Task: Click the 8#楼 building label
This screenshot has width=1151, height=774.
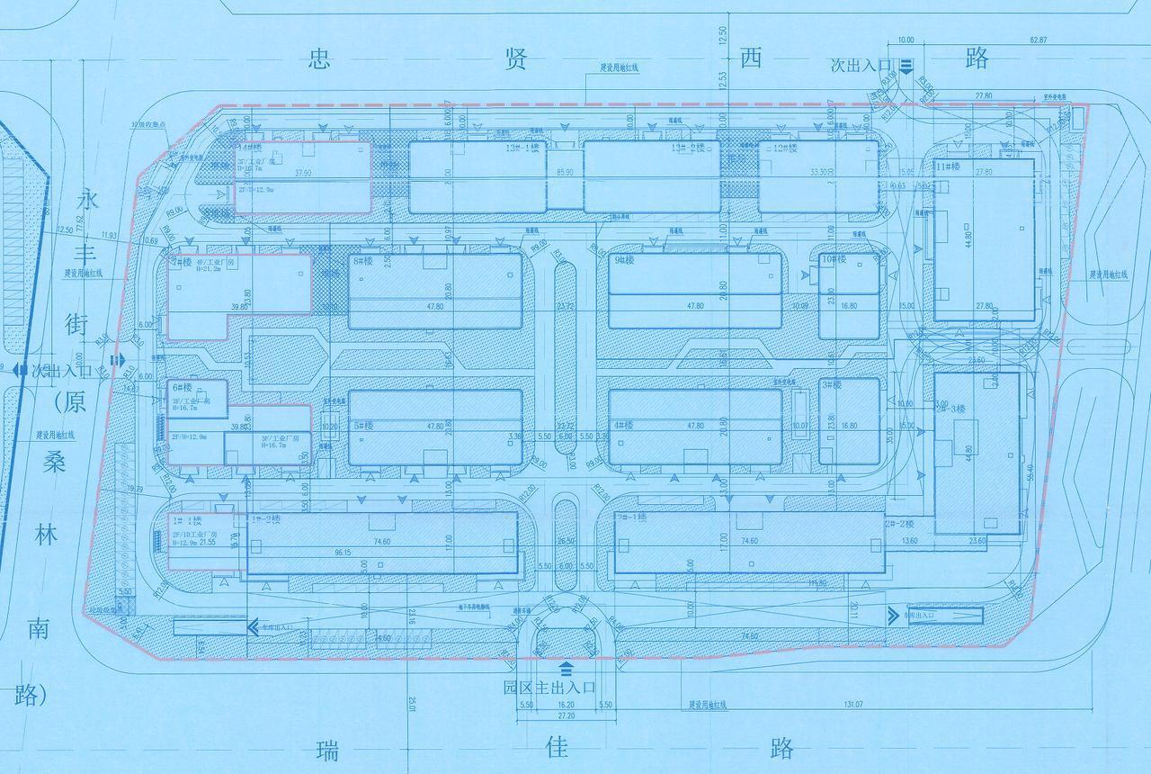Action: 362,260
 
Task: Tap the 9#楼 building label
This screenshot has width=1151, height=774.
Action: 624,260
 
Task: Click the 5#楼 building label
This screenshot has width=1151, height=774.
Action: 362,425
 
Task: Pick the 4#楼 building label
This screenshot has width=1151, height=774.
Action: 624,425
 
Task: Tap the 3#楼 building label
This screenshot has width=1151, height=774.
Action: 832,384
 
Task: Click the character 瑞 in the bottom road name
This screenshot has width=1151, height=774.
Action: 329,750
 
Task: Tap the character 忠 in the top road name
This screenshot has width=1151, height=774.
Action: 318,59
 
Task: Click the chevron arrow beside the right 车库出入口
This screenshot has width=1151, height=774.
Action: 892,615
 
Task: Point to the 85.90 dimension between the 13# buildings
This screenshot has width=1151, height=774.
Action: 566,172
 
